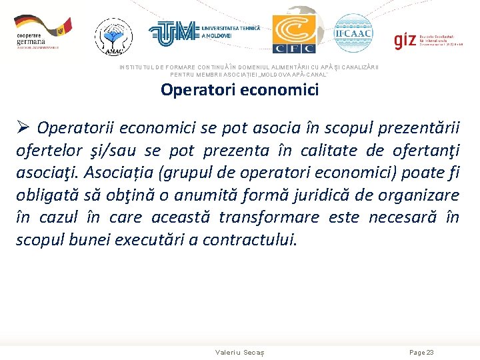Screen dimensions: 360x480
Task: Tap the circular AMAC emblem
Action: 113,35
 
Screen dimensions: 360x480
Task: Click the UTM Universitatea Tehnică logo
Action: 203,33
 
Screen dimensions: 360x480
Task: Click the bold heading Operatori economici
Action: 239,89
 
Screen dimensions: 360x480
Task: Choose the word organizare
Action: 418,195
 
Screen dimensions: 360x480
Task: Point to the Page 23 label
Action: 421,352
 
